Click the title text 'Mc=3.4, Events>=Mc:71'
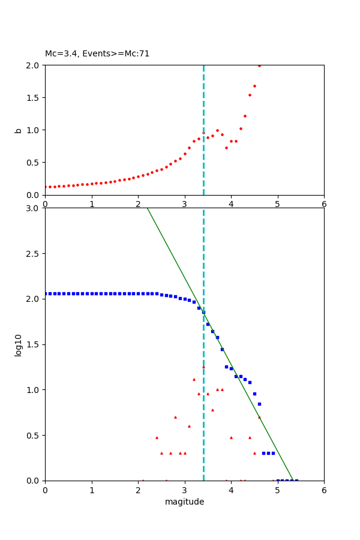tap(97, 54)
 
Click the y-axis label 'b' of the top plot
tap(18, 130)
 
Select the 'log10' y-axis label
tap(18, 345)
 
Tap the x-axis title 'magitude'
tap(184, 502)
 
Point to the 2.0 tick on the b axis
tap(34, 65)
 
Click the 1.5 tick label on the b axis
tap(34, 98)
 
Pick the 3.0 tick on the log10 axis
tap(34, 208)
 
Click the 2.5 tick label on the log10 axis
tap(34, 254)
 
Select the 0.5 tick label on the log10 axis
tap(34, 436)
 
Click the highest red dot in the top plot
tap(259, 65)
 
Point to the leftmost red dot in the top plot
tap(46, 187)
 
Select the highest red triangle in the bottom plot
tap(203, 367)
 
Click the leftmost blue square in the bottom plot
tap(46, 293)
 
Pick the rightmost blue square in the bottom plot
tap(296, 481)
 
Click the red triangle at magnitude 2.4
tap(157, 437)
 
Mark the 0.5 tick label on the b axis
tap(34, 163)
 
